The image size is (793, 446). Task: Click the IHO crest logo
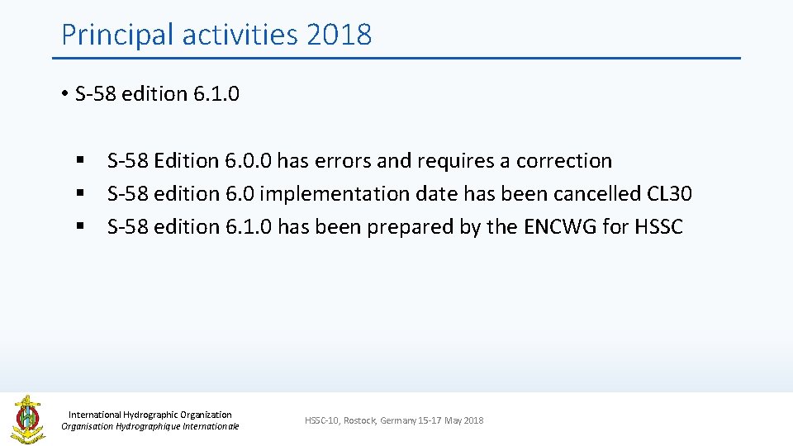27,419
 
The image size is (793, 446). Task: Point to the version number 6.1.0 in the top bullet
216,94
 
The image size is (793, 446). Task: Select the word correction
564,161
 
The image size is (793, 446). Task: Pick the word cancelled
583,194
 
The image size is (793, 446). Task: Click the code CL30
670,194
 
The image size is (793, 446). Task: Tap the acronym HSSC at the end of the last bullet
659,227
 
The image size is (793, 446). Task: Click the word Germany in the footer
399,421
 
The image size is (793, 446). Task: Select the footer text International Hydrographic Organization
150,415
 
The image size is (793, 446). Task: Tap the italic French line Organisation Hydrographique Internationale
150,426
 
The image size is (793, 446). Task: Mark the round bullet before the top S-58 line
64,94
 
